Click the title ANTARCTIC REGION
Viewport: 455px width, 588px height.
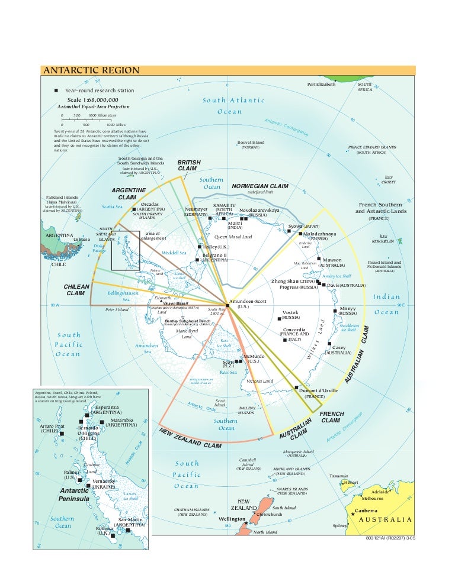click(91, 70)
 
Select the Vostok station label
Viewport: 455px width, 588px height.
click(290, 312)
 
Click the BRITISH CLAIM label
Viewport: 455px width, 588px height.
click(190, 165)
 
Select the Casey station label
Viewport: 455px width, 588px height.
click(339, 347)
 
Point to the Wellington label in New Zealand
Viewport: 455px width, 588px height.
click(232, 519)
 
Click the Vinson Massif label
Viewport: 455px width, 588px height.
click(176, 302)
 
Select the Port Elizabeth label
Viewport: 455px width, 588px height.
click(321, 84)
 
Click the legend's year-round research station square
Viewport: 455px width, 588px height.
click(56, 90)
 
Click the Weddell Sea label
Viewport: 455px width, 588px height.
click(174, 253)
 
